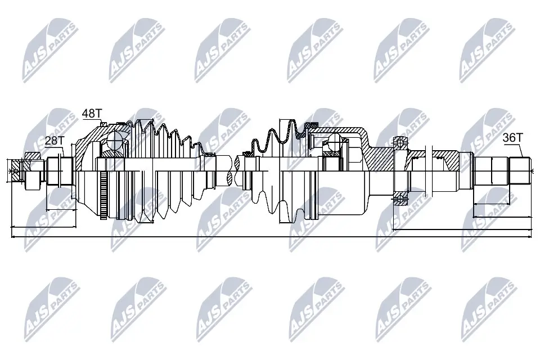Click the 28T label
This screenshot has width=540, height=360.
coord(53,141)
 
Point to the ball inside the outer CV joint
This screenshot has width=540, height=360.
coord(116,138)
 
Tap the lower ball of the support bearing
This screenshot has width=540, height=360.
coord(400,196)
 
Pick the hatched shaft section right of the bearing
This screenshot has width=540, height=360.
coord(444,160)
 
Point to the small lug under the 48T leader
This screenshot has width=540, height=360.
coord(102,123)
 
